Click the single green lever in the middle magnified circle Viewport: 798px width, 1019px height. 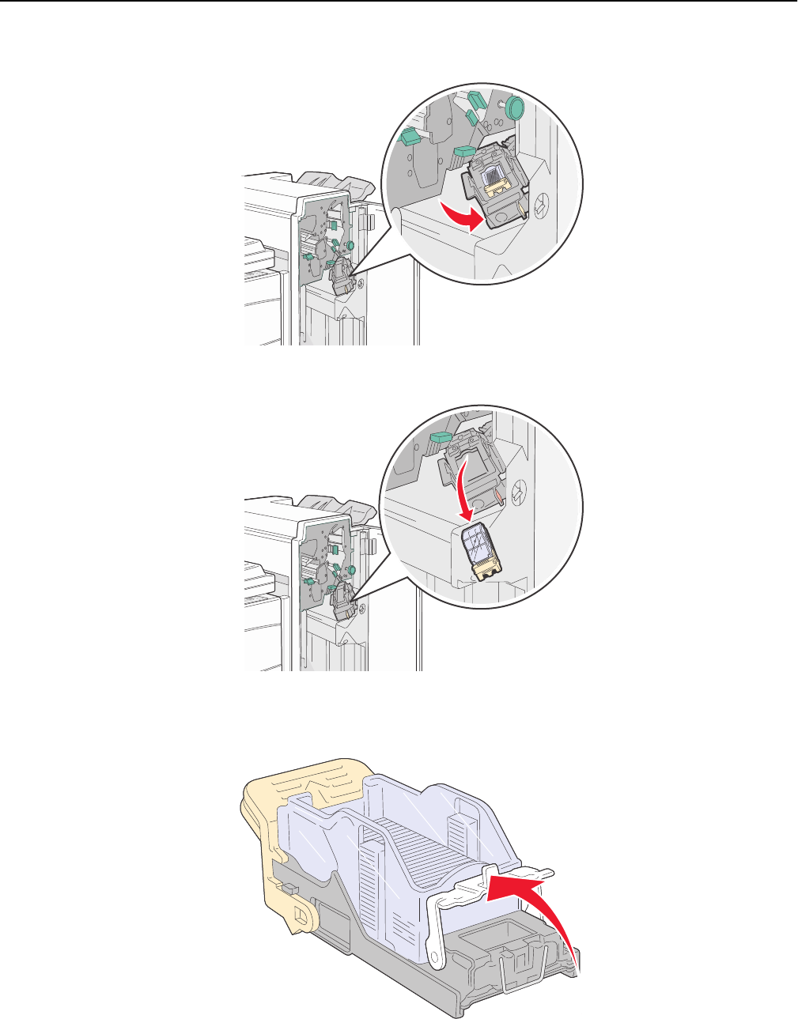[x=439, y=438]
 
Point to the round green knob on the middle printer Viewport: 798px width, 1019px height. [x=350, y=569]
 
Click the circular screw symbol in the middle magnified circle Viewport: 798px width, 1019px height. [x=520, y=491]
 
